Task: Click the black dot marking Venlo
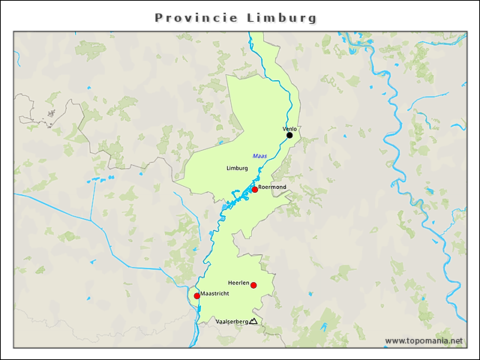pyautogui.click(x=289, y=136)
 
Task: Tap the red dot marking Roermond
pyautogui.click(x=254, y=190)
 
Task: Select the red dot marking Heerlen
pyautogui.click(x=253, y=285)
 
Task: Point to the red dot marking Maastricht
pyautogui.click(x=196, y=296)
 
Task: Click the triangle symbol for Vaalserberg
pyautogui.click(x=253, y=322)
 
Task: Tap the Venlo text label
pyautogui.click(x=290, y=129)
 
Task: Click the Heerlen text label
pyautogui.click(x=248, y=277)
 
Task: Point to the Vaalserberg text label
pyautogui.click(x=231, y=322)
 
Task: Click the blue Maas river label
pyautogui.click(x=259, y=155)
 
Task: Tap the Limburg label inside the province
pyautogui.click(x=236, y=168)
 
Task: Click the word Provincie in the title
pyautogui.click(x=196, y=17)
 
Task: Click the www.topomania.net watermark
pyautogui.click(x=424, y=340)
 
